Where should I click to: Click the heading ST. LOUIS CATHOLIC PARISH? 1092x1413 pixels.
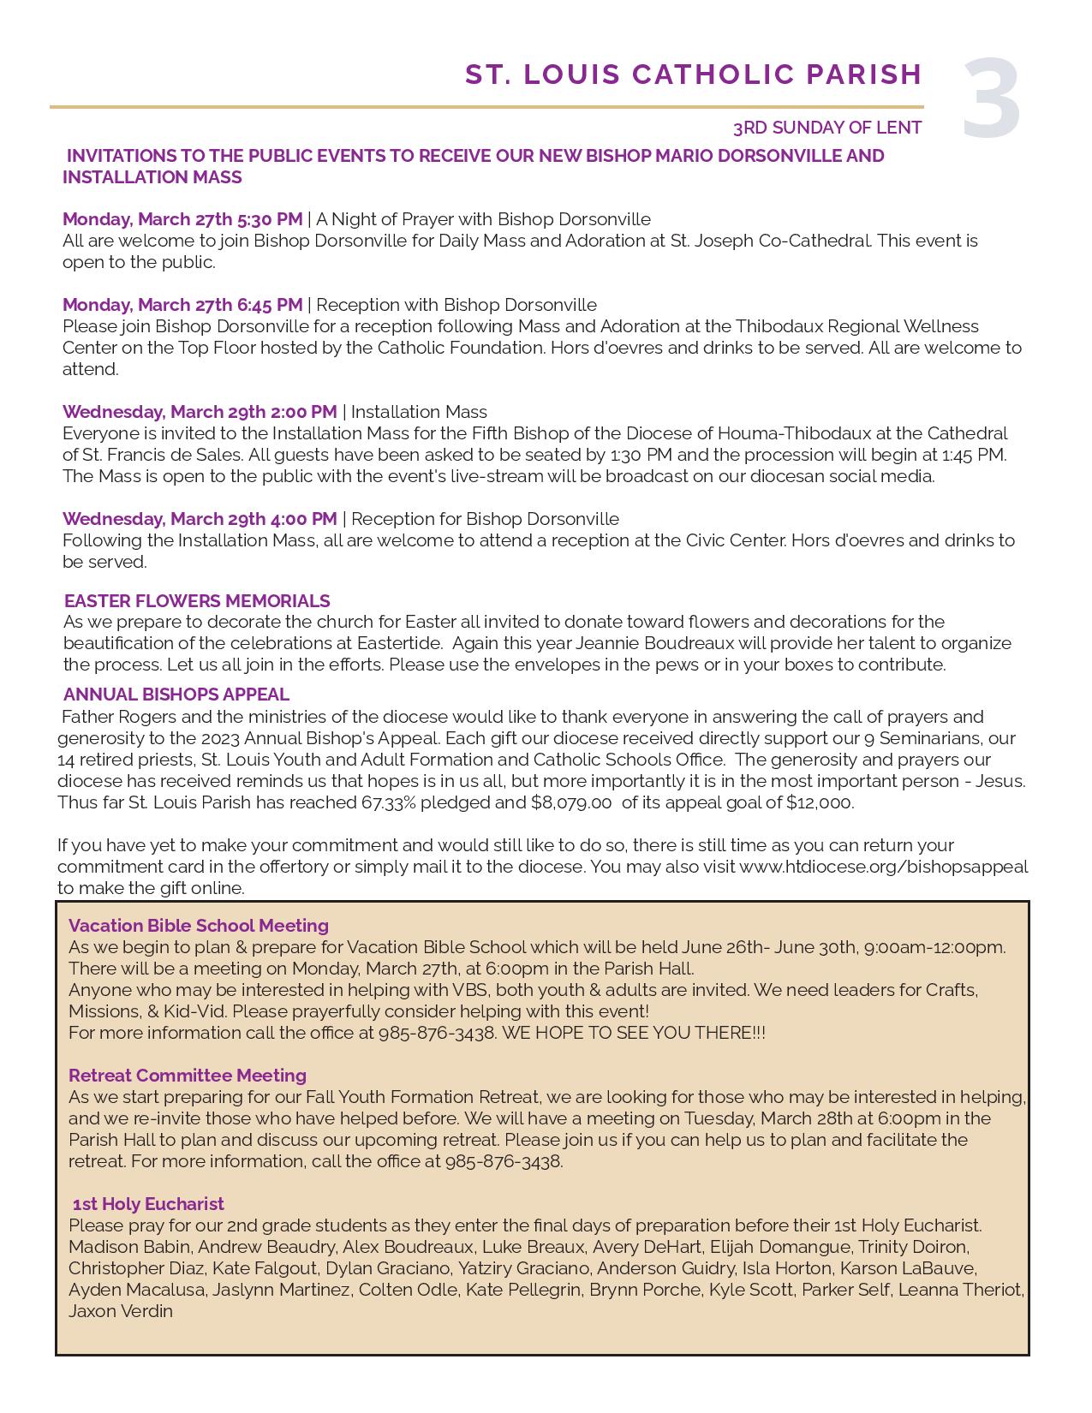(x=693, y=75)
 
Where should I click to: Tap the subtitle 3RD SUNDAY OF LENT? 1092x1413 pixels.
(x=826, y=128)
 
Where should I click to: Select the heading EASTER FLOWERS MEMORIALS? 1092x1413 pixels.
(x=197, y=601)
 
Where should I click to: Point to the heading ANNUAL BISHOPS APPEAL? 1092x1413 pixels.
(x=176, y=695)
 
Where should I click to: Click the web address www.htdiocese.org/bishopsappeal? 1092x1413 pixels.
(x=883, y=867)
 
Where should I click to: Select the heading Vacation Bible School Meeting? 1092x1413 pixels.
(x=199, y=926)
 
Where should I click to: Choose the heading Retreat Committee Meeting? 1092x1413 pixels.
(x=188, y=1076)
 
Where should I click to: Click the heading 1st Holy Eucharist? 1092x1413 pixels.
(x=148, y=1204)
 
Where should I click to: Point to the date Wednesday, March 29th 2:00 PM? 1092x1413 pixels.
(x=200, y=412)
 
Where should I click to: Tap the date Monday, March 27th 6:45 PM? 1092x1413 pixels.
(x=182, y=305)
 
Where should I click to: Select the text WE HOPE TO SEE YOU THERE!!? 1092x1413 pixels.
(x=633, y=1033)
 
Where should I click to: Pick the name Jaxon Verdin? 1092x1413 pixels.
(x=121, y=1311)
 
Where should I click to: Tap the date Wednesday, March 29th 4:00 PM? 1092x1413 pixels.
(x=200, y=519)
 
